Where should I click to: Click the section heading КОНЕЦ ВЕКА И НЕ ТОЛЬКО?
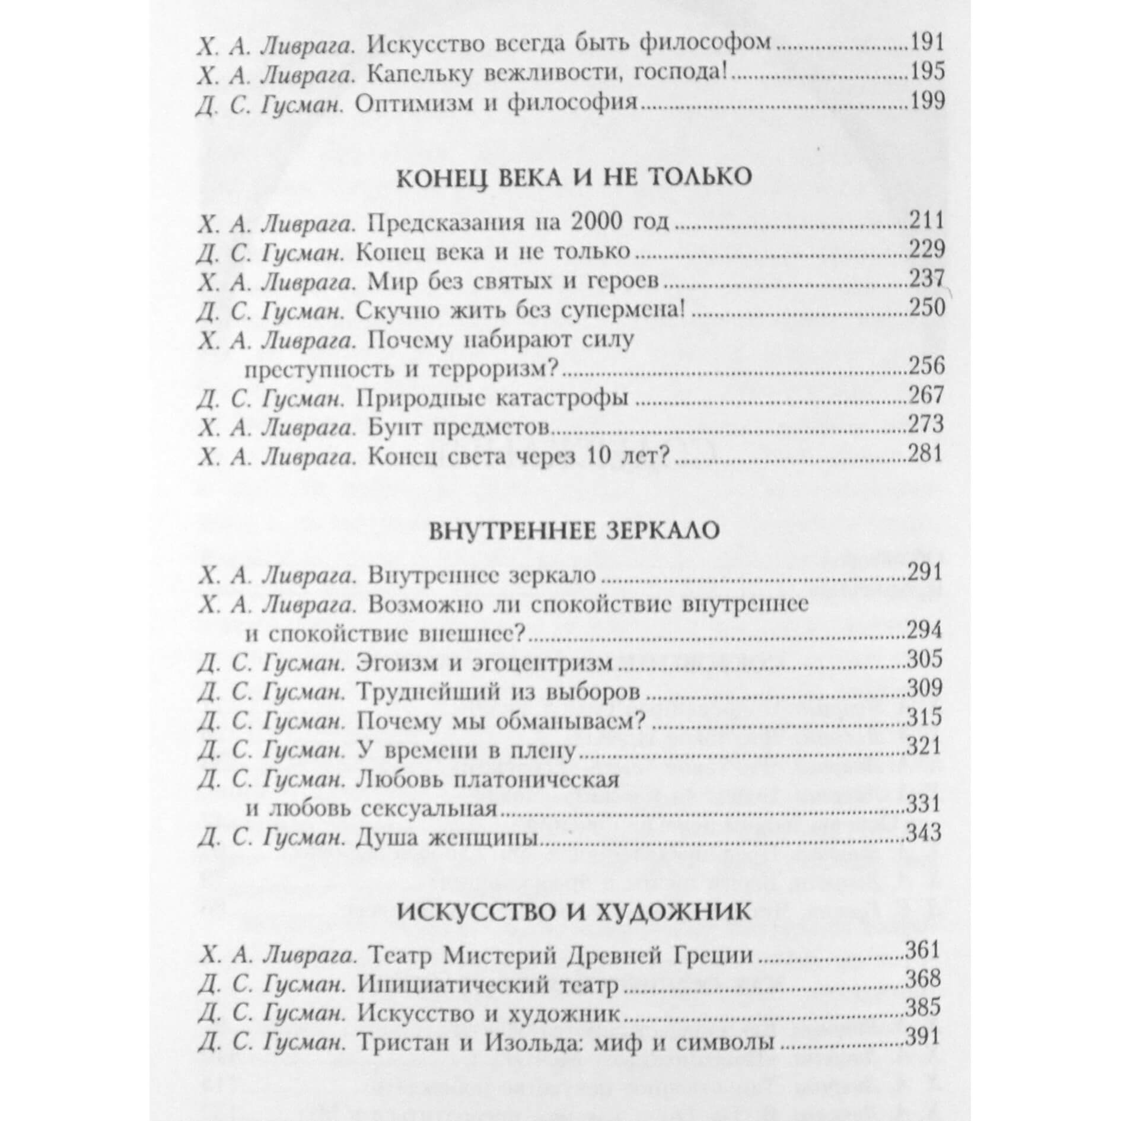[x=574, y=177]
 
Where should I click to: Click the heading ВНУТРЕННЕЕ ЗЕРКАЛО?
[x=574, y=530]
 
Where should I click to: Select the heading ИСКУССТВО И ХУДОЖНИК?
[x=574, y=911]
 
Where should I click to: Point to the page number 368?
[x=924, y=982]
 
